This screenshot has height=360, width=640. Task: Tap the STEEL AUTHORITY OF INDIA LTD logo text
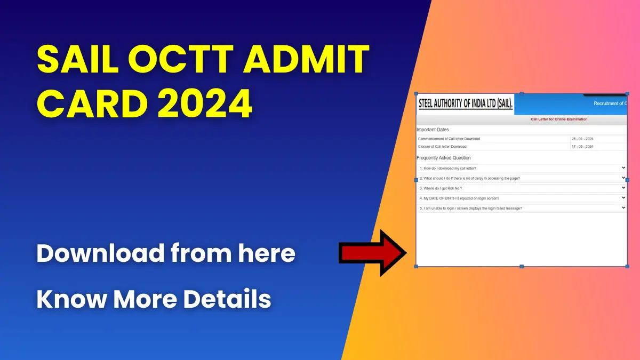tap(465, 104)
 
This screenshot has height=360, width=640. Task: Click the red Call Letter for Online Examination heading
tap(558, 119)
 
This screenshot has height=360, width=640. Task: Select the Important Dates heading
tap(433, 130)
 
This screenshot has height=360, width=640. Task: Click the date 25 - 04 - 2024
tap(582, 139)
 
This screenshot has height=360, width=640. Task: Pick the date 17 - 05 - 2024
tap(582, 147)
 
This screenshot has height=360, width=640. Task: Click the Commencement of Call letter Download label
tap(449, 139)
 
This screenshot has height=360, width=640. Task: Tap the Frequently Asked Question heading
tap(443, 158)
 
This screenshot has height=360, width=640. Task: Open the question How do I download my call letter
tap(447, 169)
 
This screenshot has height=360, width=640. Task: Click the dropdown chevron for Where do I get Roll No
tap(623, 188)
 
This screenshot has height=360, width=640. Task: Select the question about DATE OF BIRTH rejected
tap(459, 198)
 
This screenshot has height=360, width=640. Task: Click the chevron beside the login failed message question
tap(623, 208)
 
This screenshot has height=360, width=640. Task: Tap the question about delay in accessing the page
tap(469, 178)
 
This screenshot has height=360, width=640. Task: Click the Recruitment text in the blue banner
tap(607, 103)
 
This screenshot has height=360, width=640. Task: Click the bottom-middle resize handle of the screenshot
tap(522, 266)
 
